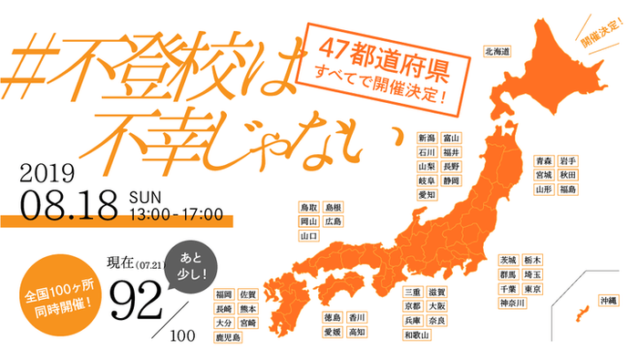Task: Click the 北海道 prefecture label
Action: click(498, 51)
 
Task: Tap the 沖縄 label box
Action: click(607, 300)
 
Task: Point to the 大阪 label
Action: click(437, 306)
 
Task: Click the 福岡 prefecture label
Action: click(223, 293)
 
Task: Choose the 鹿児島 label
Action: click(229, 337)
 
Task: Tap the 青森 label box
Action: click(544, 160)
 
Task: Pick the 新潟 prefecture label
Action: click(427, 138)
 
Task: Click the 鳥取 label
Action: click(309, 207)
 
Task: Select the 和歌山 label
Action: click(417, 335)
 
